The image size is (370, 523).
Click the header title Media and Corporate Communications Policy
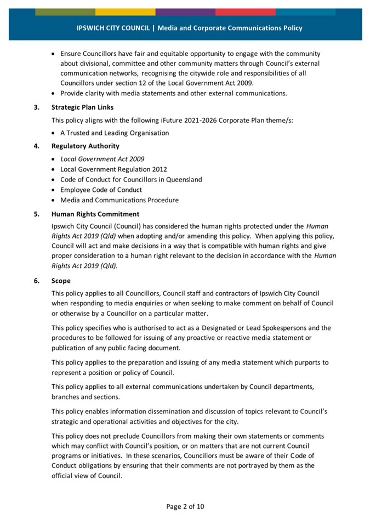(230, 28)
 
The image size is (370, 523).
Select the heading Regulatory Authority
(85, 146)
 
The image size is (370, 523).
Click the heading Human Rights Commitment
(95, 213)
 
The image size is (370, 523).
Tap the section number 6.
(37, 280)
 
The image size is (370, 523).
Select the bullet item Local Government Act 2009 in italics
(103, 158)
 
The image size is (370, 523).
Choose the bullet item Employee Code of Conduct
(101, 190)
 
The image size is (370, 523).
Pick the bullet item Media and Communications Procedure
(119, 200)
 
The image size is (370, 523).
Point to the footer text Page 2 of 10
(185, 506)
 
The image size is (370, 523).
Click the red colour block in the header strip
(245, 12)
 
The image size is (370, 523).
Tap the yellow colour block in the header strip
(125, 12)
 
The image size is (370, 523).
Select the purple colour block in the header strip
(185, 12)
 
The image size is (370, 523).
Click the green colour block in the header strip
(65, 12)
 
